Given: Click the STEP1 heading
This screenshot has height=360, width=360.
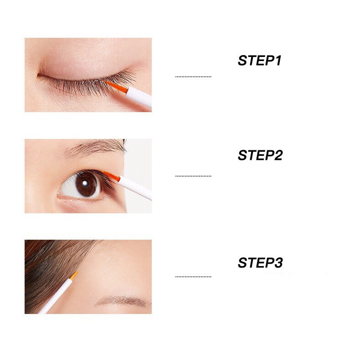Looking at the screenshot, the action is tap(259, 61).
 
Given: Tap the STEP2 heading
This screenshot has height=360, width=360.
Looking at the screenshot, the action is tap(260, 155).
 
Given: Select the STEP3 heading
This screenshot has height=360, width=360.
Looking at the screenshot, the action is tap(260, 262).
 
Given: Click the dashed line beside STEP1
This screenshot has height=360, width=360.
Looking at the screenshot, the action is tap(193, 77).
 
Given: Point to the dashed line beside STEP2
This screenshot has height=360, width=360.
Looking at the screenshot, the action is tap(193, 176).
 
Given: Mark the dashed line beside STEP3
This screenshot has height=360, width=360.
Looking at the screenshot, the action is tap(193, 277).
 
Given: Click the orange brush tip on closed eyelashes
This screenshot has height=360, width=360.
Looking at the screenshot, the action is tap(115, 86).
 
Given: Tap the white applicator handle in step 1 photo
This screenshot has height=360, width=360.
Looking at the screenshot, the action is tap(139, 97).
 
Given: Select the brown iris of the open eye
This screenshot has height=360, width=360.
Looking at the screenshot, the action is tap(86, 185).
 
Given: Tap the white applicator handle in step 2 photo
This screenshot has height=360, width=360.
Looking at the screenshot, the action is tap(135, 188).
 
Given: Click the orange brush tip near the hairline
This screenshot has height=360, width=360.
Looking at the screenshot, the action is tap(74, 276).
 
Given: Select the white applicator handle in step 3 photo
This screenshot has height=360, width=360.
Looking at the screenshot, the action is tap(56, 296).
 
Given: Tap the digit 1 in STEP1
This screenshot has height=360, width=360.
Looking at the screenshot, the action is tap(278, 61).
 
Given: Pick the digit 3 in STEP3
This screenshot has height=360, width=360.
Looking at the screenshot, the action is tap(278, 262).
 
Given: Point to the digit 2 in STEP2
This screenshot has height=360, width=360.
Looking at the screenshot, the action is tap(278, 155).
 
